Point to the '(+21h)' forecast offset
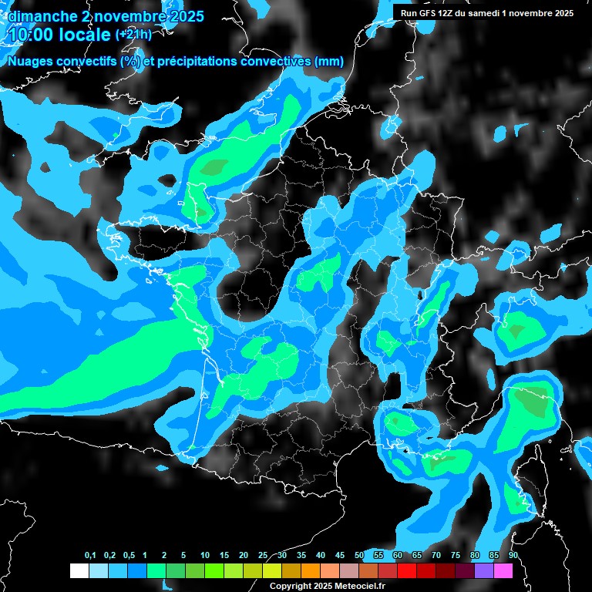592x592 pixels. click(133, 35)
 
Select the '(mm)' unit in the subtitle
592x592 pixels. click(329, 62)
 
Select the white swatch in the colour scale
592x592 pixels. click(79, 571)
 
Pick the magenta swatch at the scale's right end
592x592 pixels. click(503, 571)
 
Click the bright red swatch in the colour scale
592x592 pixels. click(407, 571)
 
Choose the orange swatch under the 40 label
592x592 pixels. click(311, 571)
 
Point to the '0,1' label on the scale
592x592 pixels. click(90, 556)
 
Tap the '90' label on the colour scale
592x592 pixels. click(513, 556)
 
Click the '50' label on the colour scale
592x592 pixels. click(359, 556)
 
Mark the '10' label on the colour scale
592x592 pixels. click(204, 556)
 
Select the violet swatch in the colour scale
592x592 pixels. click(484, 571)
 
